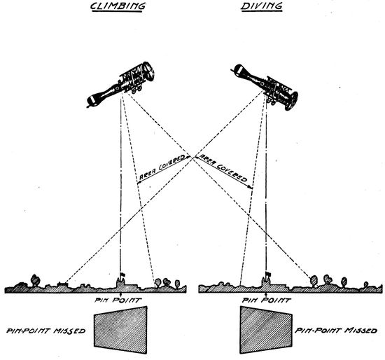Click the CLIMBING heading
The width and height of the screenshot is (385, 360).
(x=118, y=6)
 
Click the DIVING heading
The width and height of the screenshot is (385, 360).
(x=261, y=6)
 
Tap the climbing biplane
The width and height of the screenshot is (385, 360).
(x=121, y=84)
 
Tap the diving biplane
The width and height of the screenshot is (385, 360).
(x=265, y=87)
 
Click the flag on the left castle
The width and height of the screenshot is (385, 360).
(x=122, y=275)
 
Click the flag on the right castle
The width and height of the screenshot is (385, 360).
(x=268, y=274)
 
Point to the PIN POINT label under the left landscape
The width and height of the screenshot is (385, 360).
(x=118, y=300)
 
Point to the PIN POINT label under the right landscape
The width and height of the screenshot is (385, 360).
(x=267, y=300)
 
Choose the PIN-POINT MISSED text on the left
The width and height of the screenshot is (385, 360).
(x=46, y=331)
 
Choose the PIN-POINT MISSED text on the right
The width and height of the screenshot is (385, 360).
(x=336, y=331)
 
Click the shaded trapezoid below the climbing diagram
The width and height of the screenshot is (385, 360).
(x=120, y=330)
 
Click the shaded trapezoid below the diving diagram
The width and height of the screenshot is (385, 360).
(x=266, y=330)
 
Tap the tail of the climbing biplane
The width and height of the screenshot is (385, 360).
(x=92, y=100)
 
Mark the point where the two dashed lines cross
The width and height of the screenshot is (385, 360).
(x=192, y=158)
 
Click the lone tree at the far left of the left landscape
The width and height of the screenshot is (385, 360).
(x=35, y=280)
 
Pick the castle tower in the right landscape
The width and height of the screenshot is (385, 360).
(x=267, y=282)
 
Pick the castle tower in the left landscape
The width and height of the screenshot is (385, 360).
(x=120, y=282)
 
